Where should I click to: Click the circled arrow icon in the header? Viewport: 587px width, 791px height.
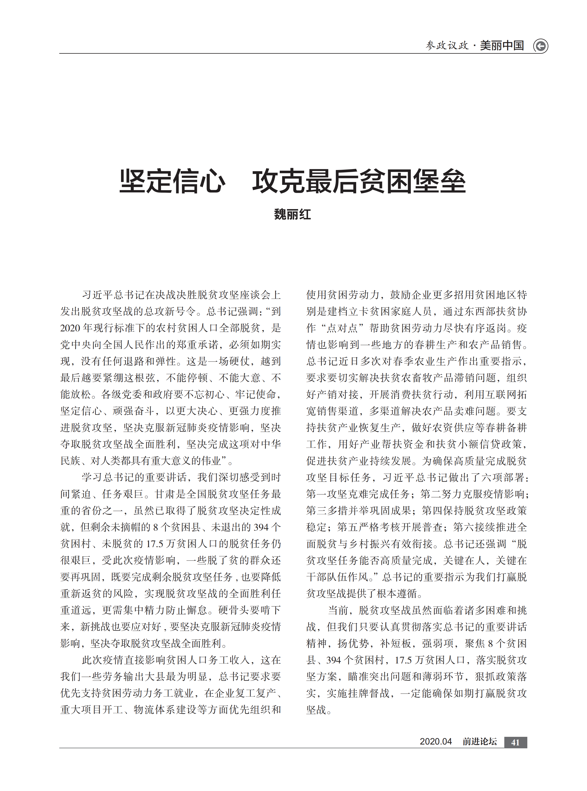[x=541, y=46]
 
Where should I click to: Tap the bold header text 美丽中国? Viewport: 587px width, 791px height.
[x=502, y=46]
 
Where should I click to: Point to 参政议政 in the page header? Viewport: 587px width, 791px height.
[x=447, y=46]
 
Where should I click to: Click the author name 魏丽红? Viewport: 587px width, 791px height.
[x=292, y=214]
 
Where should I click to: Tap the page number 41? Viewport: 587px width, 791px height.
[x=515, y=742]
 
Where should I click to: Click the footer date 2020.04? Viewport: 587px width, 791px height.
[x=436, y=742]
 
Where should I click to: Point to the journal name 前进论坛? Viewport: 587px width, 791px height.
[x=479, y=742]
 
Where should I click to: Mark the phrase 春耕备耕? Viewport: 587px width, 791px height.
[x=506, y=428]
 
